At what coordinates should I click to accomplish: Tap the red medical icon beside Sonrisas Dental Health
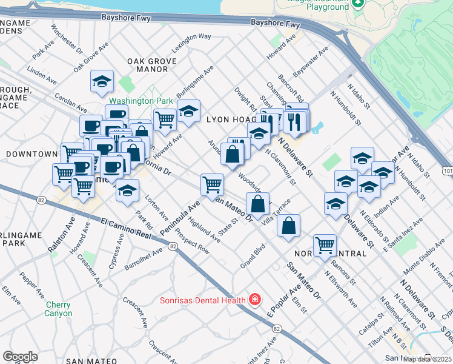[255, 300]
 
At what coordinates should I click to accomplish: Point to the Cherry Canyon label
[58, 309]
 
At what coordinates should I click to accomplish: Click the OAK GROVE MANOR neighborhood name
[152, 66]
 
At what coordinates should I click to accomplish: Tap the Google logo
[20, 356]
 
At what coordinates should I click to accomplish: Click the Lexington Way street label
[193, 40]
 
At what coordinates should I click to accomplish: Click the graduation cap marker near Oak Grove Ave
[102, 81]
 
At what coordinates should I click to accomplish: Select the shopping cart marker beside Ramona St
[325, 245]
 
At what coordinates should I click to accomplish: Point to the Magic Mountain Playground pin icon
[357, 3]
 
